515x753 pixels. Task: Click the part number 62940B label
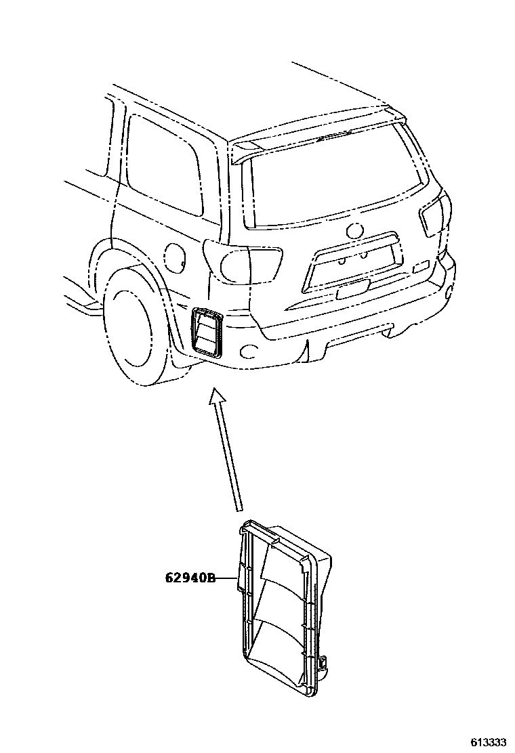click(190, 578)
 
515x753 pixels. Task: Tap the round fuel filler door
click(173, 255)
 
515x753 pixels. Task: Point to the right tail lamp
click(432, 216)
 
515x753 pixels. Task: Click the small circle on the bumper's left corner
click(249, 350)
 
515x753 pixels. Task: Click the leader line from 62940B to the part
click(226, 578)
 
